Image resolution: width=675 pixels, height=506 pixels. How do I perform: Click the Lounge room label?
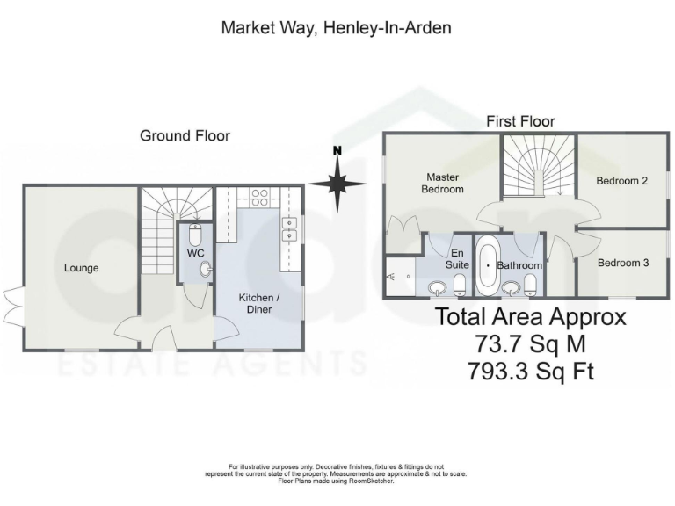(x=81, y=268)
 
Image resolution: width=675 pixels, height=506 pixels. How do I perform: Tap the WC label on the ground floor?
(x=194, y=253)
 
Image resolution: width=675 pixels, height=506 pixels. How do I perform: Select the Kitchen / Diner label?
(x=259, y=303)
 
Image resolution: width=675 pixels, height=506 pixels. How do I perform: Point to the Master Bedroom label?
(x=442, y=183)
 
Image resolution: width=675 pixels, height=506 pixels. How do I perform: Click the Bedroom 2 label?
(x=621, y=181)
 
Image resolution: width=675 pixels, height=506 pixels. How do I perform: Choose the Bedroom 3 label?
(x=622, y=263)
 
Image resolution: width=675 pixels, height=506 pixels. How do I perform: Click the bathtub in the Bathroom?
(x=486, y=264)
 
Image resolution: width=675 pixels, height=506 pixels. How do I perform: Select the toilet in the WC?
(x=196, y=234)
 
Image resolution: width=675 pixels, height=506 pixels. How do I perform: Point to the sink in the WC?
(x=205, y=270)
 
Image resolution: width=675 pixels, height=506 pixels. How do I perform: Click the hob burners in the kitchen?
(x=259, y=197)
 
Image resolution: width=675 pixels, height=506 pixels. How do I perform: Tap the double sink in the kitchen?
(x=287, y=229)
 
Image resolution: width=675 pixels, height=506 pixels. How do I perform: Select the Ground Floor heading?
(x=185, y=135)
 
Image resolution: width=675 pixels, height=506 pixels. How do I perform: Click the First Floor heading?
(x=521, y=121)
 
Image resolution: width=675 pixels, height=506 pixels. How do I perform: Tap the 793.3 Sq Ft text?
(x=531, y=371)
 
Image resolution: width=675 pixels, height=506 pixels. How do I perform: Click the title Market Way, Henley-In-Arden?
(x=336, y=28)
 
